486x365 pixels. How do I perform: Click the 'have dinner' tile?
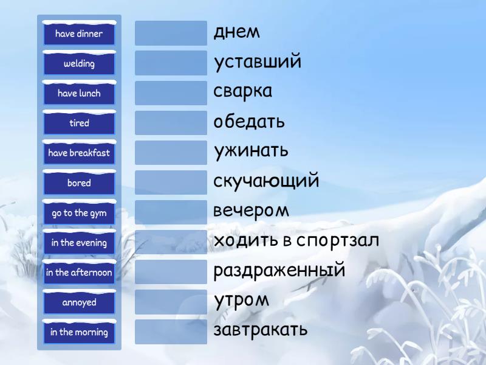(79, 33)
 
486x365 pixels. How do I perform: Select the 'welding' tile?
(79, 63)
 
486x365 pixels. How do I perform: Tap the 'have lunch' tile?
(79, 93)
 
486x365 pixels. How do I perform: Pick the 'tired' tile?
(79, 123)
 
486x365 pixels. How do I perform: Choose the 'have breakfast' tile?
(79, 153)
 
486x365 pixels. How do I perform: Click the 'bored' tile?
(79, 182)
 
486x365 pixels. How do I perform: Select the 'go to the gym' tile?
(79, 213)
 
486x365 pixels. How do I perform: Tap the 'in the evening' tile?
(79, 243)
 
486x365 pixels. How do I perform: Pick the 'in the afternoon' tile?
(79, 273)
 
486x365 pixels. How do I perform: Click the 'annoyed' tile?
(79, 302)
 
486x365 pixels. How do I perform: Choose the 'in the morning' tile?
(79, 332)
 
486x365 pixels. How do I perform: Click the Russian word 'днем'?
(236, 32)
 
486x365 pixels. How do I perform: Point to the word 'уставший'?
(257, 62)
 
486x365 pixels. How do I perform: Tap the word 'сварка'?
(242, 92)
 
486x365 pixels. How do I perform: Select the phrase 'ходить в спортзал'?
(296, 240)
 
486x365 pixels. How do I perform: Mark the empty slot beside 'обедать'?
(171, 123)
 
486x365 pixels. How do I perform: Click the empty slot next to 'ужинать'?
(171, 153)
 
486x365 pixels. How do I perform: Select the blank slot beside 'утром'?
(171, 302)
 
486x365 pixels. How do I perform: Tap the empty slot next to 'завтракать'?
(171, 332)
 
